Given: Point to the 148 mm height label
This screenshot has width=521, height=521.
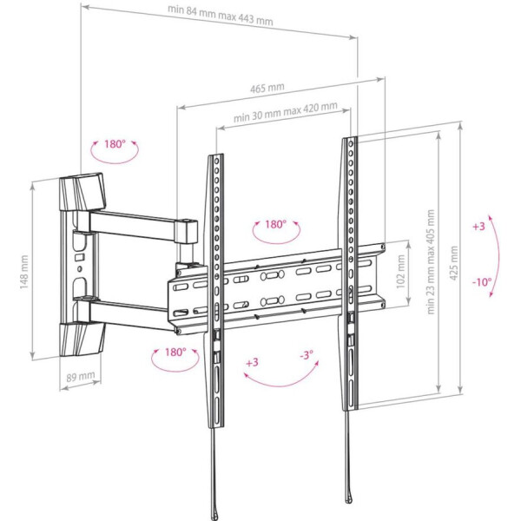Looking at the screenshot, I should click(x=24, y=270).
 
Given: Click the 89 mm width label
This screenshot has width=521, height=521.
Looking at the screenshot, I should click(x=77, y=378).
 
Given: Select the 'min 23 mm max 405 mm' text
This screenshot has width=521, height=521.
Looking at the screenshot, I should click(x=431, y=267).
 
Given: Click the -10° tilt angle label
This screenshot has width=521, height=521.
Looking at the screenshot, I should click(x=482, y=281).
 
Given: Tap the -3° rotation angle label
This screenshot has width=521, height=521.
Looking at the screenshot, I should click(x=306, y=356).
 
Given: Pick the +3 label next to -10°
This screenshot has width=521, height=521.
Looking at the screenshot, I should click(x=478, y=226).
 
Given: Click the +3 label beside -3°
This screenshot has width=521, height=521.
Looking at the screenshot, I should click(x=252, y=361).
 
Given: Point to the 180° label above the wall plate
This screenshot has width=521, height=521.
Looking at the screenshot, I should click(x=115, y=144).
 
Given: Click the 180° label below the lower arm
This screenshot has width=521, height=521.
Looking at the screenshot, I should click(x=175, y=352).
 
